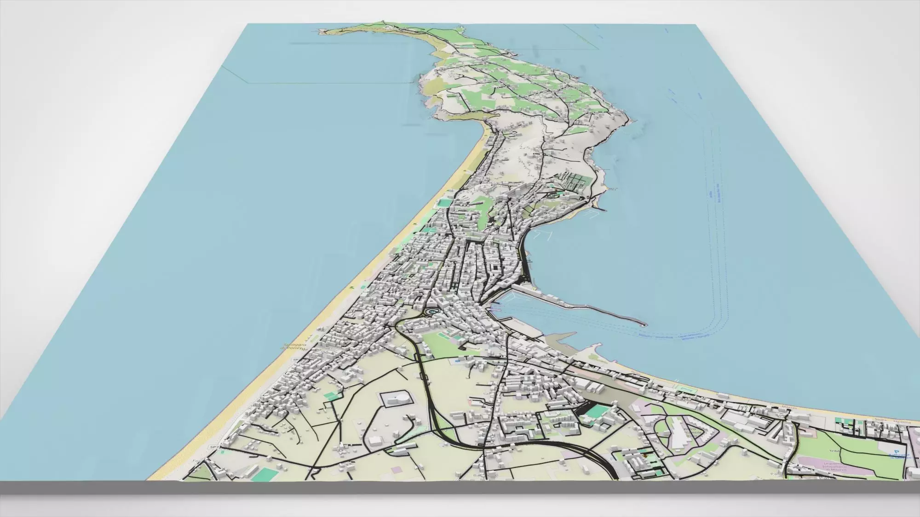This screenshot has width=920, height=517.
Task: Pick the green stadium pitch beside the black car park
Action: tap(598, 411)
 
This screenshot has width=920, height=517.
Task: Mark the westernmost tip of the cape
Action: tap(319, 32)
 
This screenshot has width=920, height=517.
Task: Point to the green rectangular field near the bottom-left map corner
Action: tap(264, 473)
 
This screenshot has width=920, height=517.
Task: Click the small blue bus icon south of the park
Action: tap(458, 361)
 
